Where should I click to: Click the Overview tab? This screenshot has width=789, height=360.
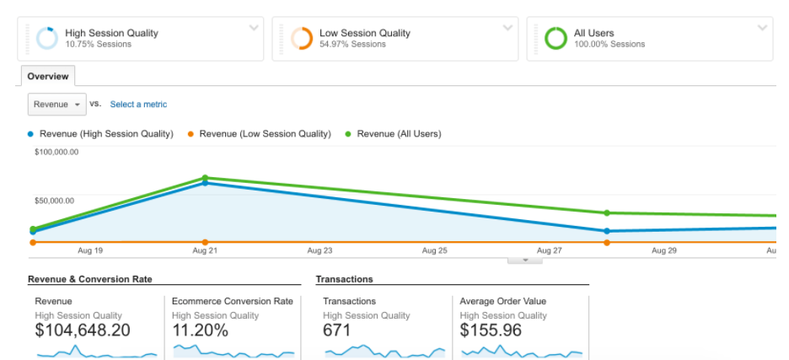48,76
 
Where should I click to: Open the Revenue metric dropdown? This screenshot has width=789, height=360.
57,104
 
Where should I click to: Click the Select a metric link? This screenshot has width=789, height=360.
138,105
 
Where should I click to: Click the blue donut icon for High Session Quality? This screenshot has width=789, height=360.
46,39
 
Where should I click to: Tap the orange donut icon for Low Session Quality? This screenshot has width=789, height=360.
301,39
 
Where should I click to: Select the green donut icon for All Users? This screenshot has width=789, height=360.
556,39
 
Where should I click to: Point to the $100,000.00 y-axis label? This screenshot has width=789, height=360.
56,152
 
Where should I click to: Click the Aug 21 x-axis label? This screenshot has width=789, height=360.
205,250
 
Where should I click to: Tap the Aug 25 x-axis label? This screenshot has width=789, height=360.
435,250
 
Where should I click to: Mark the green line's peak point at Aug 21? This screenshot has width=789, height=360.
205,178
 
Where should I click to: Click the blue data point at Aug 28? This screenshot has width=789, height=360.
607,230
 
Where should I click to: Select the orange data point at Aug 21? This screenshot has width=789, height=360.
205,242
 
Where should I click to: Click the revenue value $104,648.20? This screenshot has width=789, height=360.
83,330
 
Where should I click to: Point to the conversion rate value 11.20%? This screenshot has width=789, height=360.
200,330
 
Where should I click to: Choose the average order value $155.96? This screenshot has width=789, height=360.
491,330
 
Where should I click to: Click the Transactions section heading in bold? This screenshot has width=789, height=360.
344,279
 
